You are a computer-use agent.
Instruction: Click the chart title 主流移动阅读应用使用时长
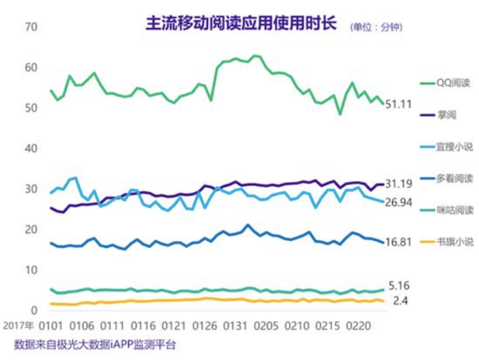pyautogui.click(x=240, y=24)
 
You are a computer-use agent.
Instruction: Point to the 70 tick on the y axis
pyautogui.click(x=30, y=27)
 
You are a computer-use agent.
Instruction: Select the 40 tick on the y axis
pyautogui.click(x=30, y=148)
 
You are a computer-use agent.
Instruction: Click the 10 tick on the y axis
pyautogui.click(x=30, y=269)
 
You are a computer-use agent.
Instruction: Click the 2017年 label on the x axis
pyautogui.click(x=19, y=326)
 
